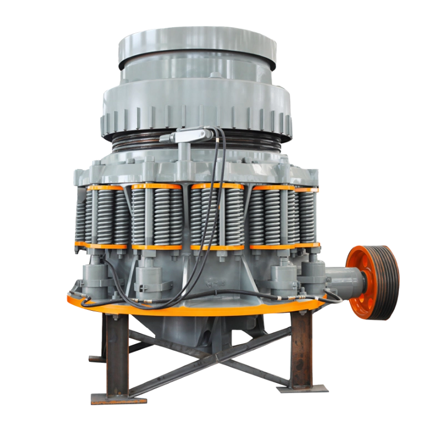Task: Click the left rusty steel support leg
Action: pyautogui.click(x=117, y=355)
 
